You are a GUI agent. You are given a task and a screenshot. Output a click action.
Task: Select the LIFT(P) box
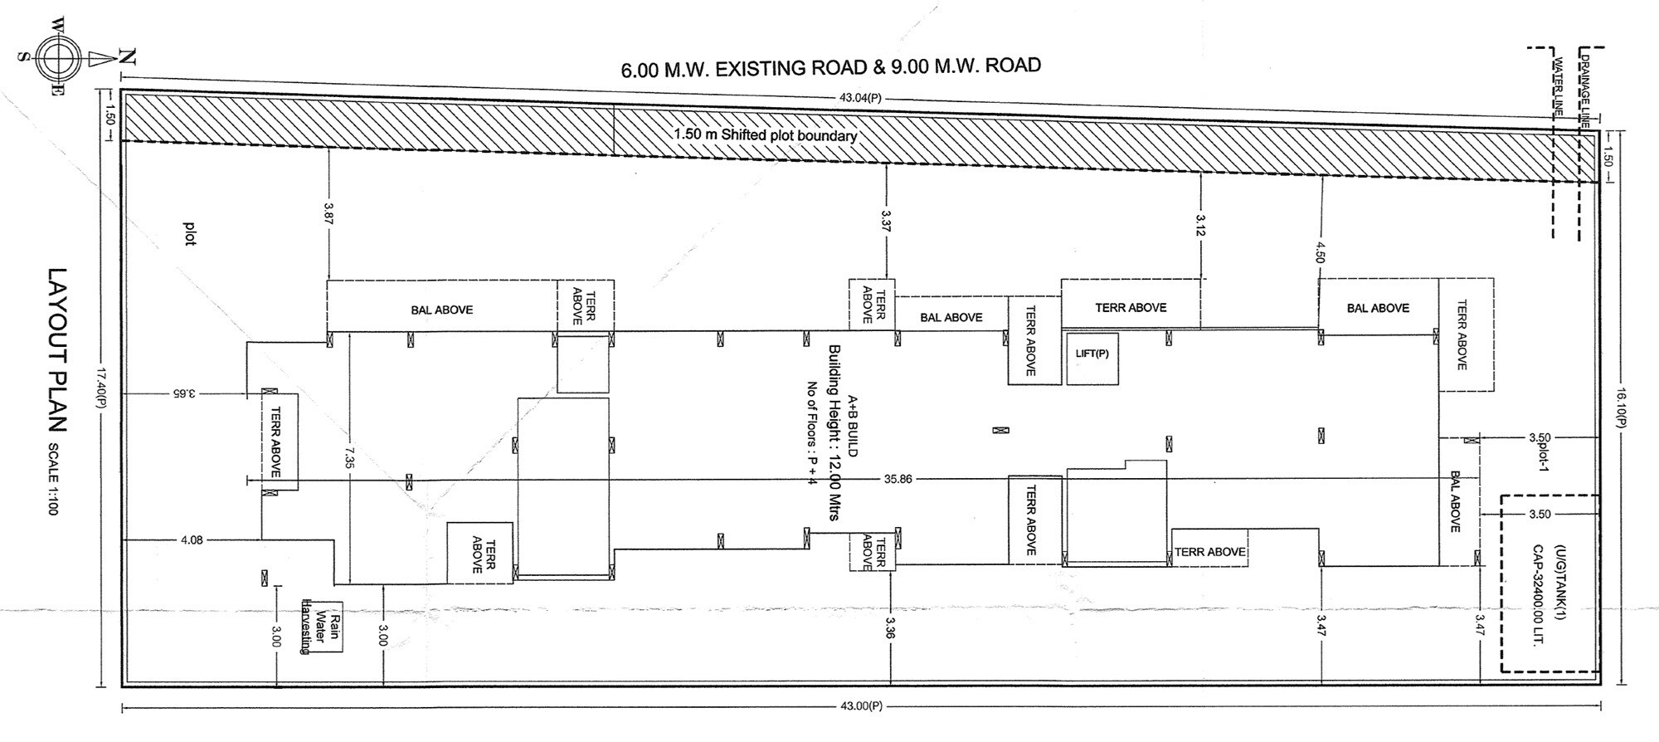[x=1092, y=358]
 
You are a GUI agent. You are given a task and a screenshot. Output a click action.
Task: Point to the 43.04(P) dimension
[x=859, y=98]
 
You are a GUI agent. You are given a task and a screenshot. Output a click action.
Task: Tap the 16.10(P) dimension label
[x=1617, y=408]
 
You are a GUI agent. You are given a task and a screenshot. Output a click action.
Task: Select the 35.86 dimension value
[x=898, y=479]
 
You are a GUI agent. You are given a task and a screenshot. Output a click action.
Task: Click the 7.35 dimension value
[x=350, y=457]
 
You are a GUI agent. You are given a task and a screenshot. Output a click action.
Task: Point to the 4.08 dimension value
[x=192, y=540]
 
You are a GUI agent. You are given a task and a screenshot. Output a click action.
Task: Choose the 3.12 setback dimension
[x=1201, y=225]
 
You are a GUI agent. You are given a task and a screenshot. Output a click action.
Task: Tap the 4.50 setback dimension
[x=1320, y=251]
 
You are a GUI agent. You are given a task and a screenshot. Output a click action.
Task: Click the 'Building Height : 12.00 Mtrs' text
[x=834, y=432]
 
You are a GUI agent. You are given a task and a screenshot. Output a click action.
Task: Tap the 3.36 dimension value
[x=890, y=627]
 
